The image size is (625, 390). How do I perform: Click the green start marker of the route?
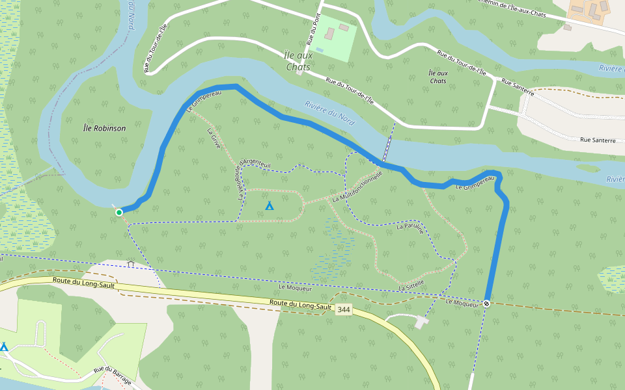click(119, 212)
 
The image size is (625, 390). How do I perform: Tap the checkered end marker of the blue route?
click(486, 304)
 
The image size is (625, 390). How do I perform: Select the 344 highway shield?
click(344, 310)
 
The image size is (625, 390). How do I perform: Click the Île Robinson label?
click(105, 129)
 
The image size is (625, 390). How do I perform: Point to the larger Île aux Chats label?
click(299, 60)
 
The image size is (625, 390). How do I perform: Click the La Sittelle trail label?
click(411, 283)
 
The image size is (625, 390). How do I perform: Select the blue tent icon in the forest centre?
click(270, 206)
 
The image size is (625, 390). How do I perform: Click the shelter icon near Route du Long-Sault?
click(131, 264)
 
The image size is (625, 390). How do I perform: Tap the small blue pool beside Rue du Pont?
click(320, 49)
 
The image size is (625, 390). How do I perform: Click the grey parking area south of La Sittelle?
click(421, 321)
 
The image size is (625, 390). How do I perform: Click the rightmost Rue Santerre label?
click(597, 140)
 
